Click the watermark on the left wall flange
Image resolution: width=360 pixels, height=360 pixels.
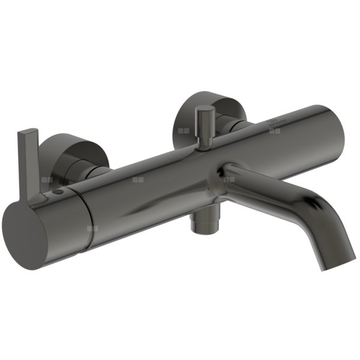[48, 179]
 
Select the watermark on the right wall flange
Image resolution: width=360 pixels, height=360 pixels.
[183, 128]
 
